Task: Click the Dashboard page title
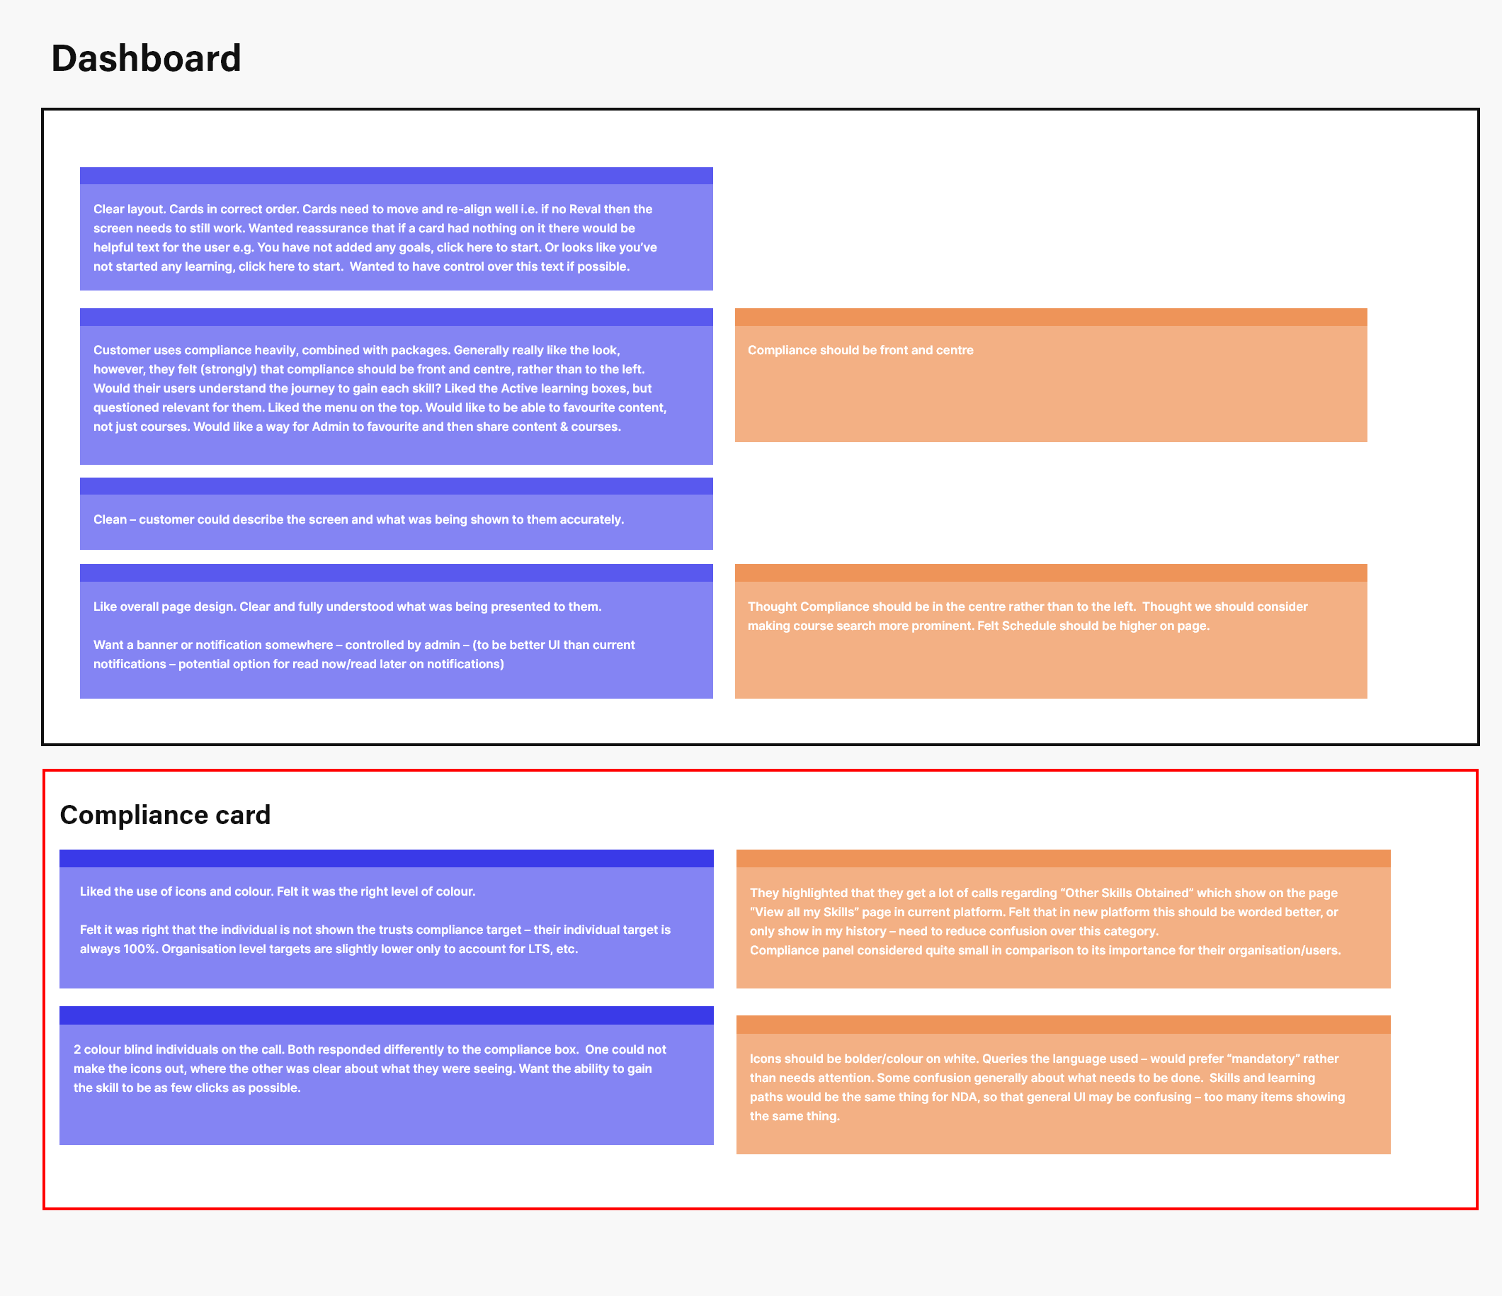pos(146,59)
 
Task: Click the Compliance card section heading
pos(165,815)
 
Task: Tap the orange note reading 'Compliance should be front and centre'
pos(1050,375)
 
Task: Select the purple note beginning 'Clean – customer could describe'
pos(396,514)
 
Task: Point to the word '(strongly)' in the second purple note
pos(227,369)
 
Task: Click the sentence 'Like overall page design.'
pos(164,607)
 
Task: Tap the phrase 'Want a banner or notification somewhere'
pos(213,645)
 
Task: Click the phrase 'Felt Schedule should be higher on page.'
pos(1093,626)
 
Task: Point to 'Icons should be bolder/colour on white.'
pos(864,1059)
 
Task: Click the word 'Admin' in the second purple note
pos(330,427)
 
